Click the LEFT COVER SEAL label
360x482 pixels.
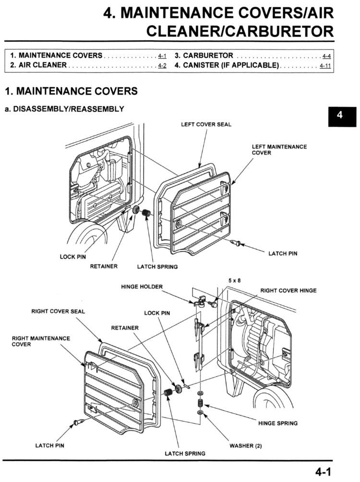coord(206,124)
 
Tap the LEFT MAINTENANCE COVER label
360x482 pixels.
coord(279,150)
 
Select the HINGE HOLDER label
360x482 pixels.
coord(142,287)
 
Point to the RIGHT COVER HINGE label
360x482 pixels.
coord(288,290)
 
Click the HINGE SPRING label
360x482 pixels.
coord(277,423)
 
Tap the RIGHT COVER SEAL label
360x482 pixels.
coord(58,311)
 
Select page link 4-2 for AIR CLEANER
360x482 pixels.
coord(162,65)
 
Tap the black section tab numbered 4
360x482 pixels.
coord(340,115)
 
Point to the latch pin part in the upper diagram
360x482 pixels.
coord(235,243)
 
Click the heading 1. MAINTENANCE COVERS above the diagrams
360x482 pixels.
coord(71,91)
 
